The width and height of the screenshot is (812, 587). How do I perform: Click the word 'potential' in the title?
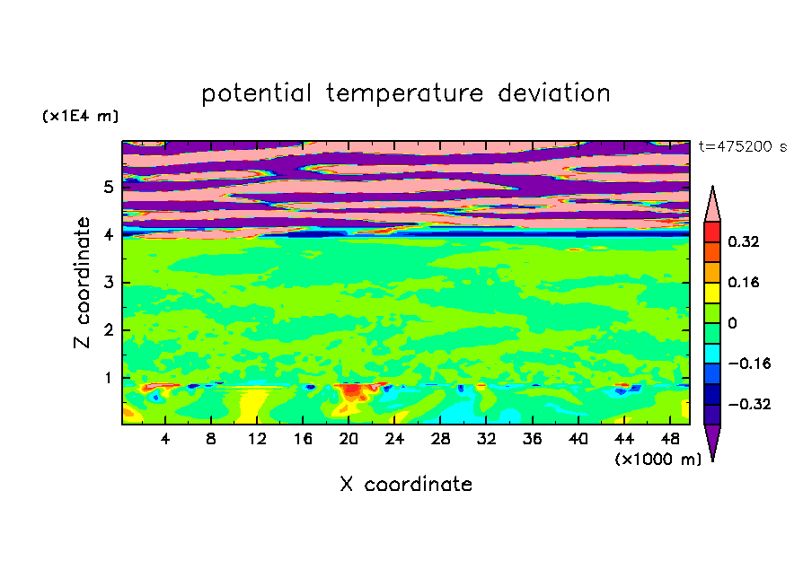tap(256, 93)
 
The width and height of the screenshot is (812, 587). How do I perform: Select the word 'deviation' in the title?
tap(554, 93)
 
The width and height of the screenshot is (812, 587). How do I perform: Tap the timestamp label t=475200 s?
tap(743, 146)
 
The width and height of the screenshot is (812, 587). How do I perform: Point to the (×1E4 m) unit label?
tap(80, 116)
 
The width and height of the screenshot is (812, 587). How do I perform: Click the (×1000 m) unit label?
tap(658, 459)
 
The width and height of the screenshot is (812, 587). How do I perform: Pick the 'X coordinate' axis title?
tap(406, 484)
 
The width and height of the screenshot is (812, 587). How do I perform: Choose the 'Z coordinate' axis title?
tap(82, 282)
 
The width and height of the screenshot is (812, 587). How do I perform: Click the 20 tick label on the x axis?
tap(349, 439)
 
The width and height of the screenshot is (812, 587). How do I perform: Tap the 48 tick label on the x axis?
tap(670, 439)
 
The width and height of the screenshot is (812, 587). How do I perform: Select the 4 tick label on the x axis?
tap(165, 439)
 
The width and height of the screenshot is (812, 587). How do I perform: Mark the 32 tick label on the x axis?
tap(486, 439)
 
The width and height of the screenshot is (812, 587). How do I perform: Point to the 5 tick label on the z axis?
tap(108, 187)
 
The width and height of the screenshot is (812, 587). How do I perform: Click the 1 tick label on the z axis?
tap(108, 378)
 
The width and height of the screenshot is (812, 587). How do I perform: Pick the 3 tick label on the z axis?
tap(108, 283)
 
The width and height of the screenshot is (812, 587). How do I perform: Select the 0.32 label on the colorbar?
tap(744, 241)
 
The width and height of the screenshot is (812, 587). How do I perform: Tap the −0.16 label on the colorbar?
tap(749, 364)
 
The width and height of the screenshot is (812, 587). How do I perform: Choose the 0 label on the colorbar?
tap(732, 323)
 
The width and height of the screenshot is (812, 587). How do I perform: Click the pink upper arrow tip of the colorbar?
tap(712, 187)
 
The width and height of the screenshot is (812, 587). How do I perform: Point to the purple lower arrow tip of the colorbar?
tap(712, 460)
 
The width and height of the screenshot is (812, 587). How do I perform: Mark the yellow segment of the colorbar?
tap(712, 293)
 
